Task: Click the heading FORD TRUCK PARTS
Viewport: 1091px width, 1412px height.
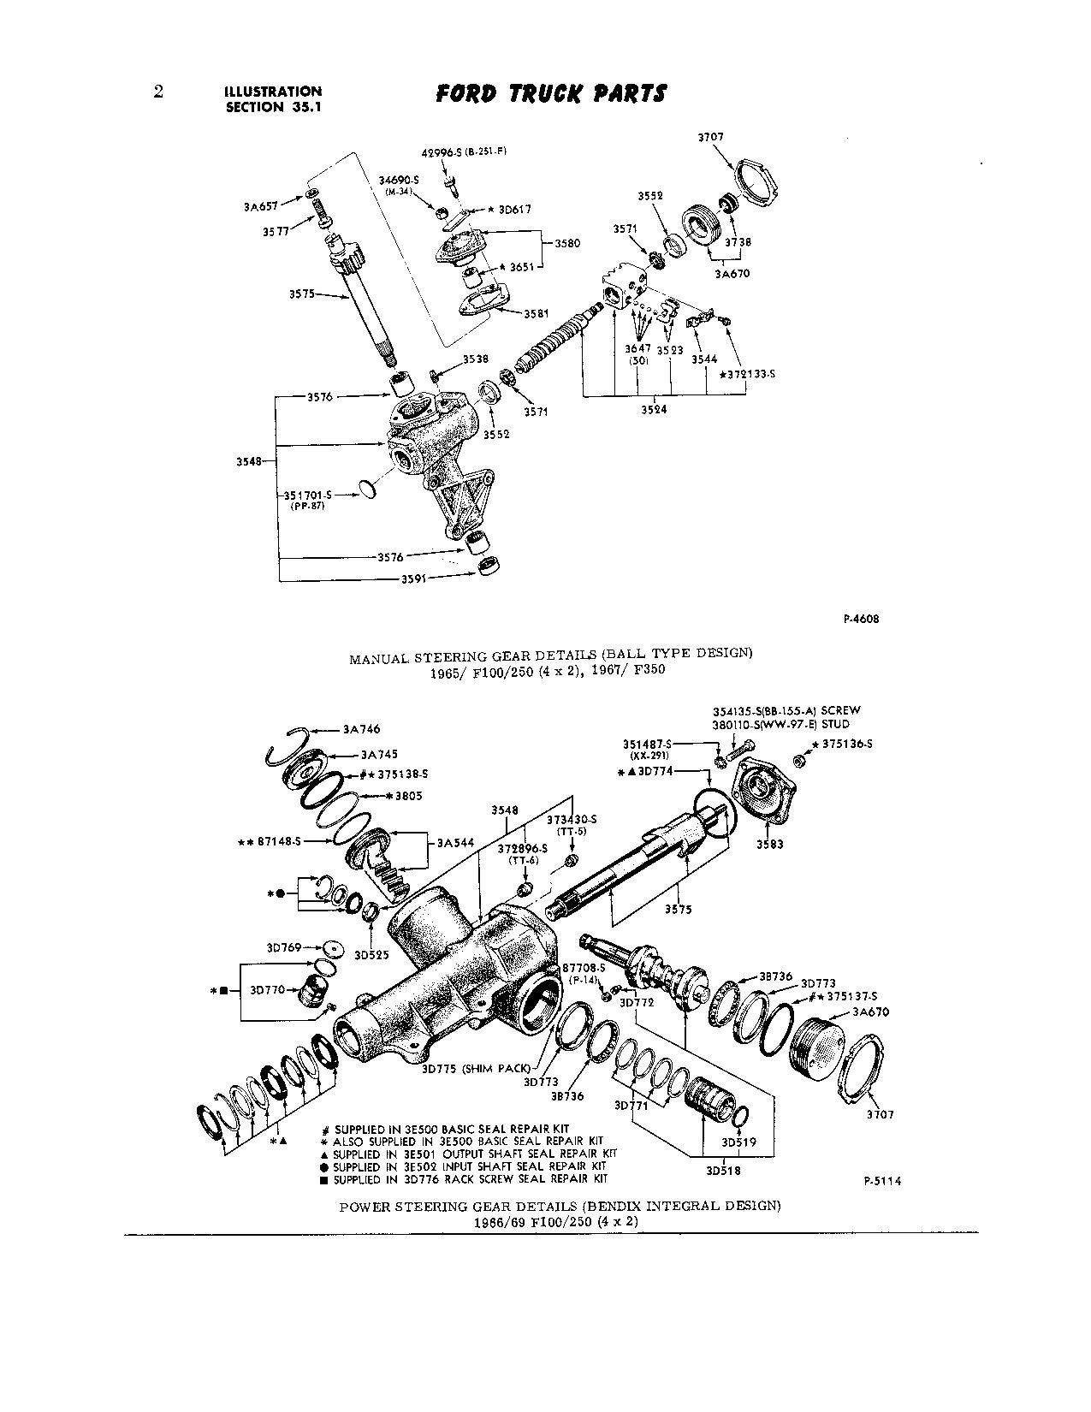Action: (550, 94)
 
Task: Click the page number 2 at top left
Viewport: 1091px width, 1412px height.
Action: (158, 92)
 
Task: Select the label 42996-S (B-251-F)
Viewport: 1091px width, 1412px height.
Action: (460, 153)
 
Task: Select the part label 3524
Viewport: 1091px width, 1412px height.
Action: (654, 409)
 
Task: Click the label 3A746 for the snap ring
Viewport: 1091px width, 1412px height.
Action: (360, 730)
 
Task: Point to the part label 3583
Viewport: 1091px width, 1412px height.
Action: (770, 844)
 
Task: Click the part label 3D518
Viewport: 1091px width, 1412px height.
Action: (723, 1170)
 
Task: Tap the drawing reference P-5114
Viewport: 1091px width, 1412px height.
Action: (882, 1181)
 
